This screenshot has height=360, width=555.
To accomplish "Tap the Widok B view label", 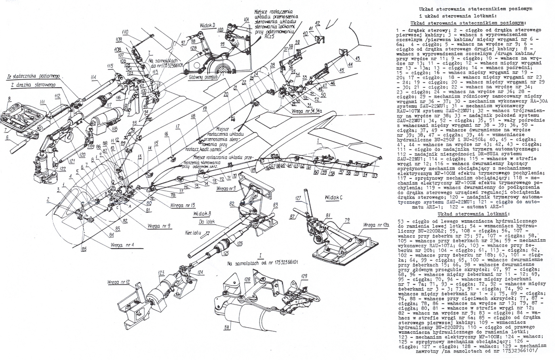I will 203,214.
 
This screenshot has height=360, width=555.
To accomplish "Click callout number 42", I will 318,23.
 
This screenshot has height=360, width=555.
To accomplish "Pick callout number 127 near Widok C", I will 298,198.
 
